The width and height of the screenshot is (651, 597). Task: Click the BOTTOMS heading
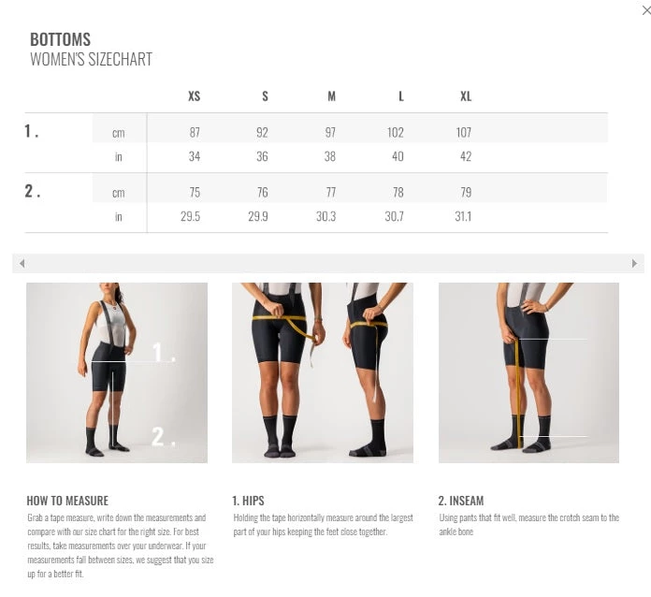(60, 39)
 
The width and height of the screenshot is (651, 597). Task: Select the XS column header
(194, 96)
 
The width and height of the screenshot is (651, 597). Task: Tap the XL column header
(465, 96)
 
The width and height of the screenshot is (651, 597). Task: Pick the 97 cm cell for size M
(329, 133)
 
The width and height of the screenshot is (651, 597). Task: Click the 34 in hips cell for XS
(194, 156)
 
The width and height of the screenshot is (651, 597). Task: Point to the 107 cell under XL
(464, 133)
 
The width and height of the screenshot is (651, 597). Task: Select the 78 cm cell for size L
(398, 193)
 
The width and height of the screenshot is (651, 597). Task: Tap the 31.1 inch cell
(463, 216)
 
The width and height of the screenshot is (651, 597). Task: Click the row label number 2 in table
(32, 192)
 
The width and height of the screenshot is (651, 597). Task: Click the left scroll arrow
(22, 264)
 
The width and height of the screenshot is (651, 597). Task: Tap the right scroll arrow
(634, 264)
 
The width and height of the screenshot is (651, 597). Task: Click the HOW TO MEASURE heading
(67, 501)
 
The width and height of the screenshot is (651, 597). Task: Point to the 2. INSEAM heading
(461, 501)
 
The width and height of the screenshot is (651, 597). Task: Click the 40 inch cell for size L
(398, 156)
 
